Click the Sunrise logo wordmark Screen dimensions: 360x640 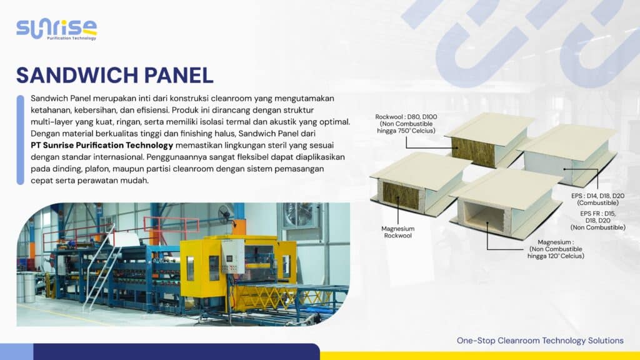pyautogui.click(x=56, y=27)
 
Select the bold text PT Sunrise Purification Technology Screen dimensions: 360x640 pyautogui.click(x=102, y=145)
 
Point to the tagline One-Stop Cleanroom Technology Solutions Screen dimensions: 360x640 pyautogui.click(x=540, y=341)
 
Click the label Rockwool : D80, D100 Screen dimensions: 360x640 pyautogui.click(x=405, y=117)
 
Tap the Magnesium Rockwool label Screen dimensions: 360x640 pyautogui.click(x=398, y=232)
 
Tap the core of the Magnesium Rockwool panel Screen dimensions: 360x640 pyautogui.click(x=401, y=195)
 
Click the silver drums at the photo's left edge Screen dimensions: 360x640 pyautogui.click(x=26, y=287)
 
